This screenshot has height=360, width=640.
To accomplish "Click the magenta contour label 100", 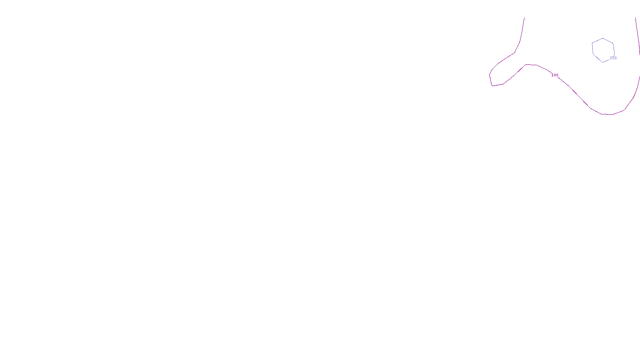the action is [555, 75].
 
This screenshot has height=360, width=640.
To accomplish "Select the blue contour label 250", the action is [613, 58].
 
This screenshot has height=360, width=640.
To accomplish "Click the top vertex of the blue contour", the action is [603, 38].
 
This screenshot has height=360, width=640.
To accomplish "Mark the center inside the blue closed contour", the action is [603, 50].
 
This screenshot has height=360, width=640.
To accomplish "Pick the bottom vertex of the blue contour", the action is [602, 62].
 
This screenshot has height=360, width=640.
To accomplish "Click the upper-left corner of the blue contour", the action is [592, 43].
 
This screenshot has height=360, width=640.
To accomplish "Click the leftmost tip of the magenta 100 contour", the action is [490, 75].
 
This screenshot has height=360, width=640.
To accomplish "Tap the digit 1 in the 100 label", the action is [552, 75].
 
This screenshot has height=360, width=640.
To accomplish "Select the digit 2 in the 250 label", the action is [611, 58].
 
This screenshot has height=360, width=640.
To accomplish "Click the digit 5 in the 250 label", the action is [613, 58].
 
